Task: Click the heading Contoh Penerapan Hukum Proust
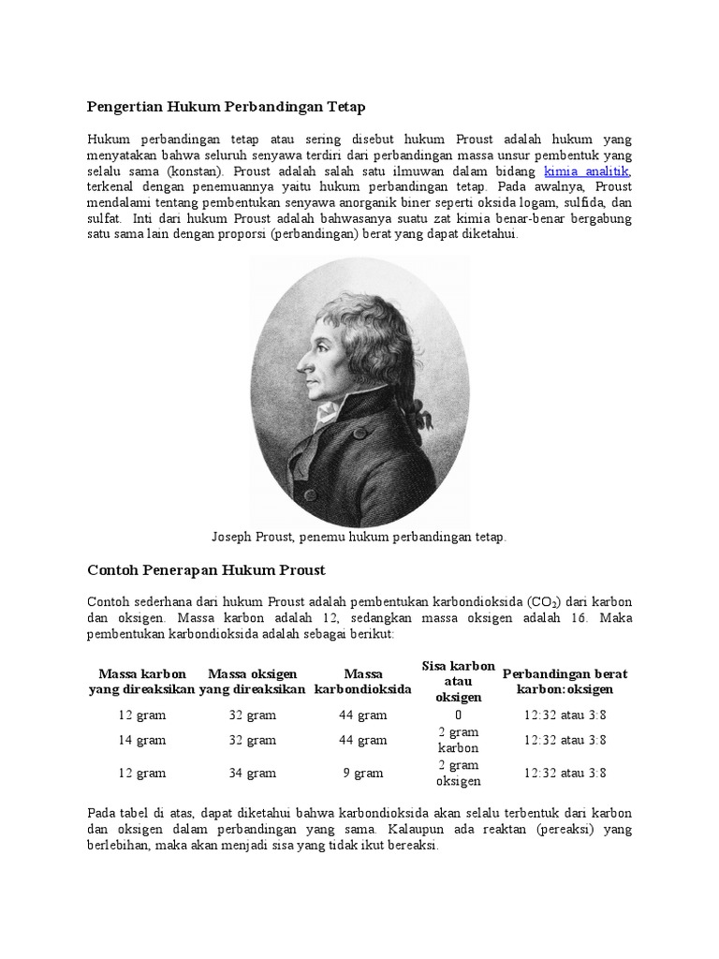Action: [206, 569]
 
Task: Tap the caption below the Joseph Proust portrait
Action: [359, 537]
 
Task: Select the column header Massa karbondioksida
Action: [363, 681]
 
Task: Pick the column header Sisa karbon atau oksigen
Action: [458, 681]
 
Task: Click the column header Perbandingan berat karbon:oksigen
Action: [565, 681]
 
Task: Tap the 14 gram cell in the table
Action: [141, 740]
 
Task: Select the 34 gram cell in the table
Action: [253, 773]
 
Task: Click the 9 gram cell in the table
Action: [363, 773]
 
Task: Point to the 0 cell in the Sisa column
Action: [458, 715]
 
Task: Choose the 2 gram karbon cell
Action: [458, 740]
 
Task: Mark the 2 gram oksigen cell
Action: [458, 773]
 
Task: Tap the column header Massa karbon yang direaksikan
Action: [141, 681]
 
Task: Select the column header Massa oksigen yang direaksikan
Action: [253, 681]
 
